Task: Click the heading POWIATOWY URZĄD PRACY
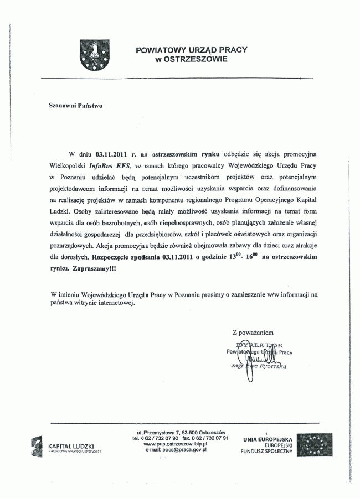(x=192, y=50)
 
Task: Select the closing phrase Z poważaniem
(x=253, y=333)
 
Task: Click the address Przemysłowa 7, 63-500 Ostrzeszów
(x=183, y=432)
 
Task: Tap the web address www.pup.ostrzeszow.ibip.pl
(x=175, y=444)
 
